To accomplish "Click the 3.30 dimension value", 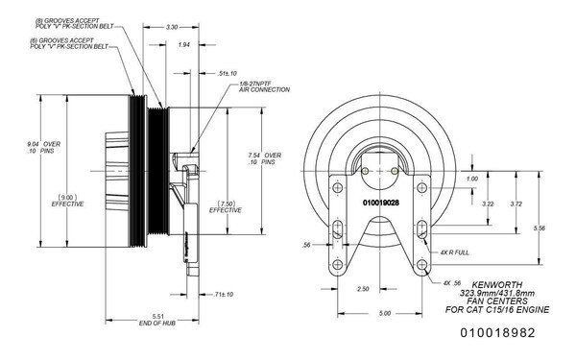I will [x=173, y=28].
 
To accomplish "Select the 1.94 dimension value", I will [x=184, y=45].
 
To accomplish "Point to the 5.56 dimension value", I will [x=540, y=228].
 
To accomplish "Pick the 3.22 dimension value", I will [x=488, y=204].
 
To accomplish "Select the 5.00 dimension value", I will [x=383, y=313].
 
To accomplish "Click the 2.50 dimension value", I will [x=362, y=289].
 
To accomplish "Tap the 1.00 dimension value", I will [x=471, y=179].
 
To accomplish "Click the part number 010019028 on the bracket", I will [x=381, y=203].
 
